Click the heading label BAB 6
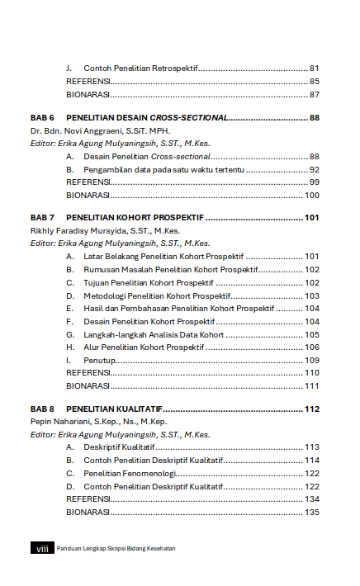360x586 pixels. point(42,117)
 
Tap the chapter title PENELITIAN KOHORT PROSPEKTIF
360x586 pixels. point(135,218)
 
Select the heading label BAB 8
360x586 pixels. point(42,409)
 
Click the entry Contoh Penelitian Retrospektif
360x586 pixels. point(140,68)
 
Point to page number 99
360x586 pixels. point(315,182)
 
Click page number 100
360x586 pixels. point(312,196)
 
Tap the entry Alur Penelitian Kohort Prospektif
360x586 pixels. point(144,347)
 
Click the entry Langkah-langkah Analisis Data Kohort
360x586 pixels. point(154,334)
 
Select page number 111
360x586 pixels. point(312,385)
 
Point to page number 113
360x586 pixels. point(312,447)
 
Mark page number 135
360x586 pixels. point(312,512)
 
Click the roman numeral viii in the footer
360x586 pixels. point(42,549)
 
